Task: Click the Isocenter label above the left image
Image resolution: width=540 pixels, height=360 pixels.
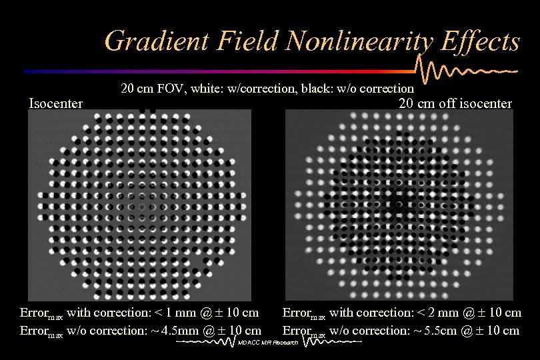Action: [56, 103]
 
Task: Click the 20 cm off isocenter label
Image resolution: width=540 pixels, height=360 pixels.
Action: [455, 103]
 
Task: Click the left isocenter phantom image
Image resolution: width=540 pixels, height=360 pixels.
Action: [139, 205]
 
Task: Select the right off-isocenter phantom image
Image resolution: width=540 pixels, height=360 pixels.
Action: [399, 205]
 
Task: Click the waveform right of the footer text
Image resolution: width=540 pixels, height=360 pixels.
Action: [330, 341]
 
